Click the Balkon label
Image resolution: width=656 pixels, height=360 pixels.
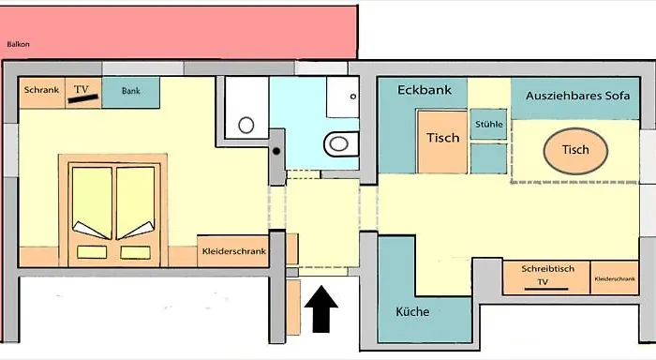click(18, 44)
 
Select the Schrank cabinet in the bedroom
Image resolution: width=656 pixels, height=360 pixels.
click(42, 91)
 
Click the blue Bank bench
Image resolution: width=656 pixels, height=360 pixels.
click(130, 91)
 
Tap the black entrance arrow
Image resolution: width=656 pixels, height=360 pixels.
click(321, 309)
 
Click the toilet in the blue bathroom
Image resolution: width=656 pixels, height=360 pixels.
click(338, 144)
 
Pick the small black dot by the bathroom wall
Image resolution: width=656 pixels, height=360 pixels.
click(277, 150)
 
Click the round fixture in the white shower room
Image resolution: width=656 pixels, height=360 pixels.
click(247, 125)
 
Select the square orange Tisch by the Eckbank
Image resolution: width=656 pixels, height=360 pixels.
click(442, 139)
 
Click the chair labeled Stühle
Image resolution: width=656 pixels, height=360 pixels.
click(489, 125)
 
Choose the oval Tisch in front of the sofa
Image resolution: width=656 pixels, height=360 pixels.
click(575, 150)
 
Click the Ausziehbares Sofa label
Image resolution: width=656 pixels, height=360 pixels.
click(576, 97)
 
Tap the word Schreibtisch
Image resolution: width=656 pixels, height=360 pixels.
click(545, 269)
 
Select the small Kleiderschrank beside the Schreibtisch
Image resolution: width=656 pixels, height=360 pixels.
click(614, 278)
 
